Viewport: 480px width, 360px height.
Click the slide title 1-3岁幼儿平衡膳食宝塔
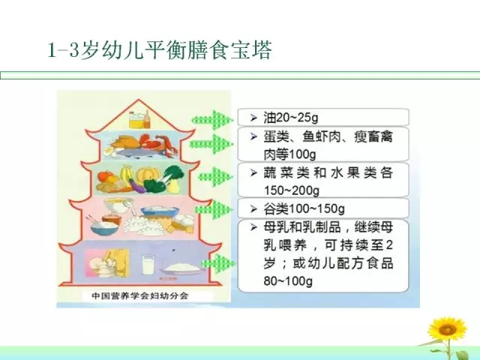pyautogui.click(x=160, y=50)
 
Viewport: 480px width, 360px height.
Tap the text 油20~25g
pyautogui.click(x=291, y=118)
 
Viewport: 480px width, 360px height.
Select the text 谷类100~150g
pyautogui.click(x=304, y=209)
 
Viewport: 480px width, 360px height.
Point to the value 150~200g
pyautogui.click(x=292, y=190)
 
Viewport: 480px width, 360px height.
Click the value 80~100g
pyautogui.click(x=288, y=280)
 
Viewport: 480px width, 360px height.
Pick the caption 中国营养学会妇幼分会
pyautogui.click(x=140, y=295)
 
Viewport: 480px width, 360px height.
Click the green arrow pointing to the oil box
pyautogui.click(x=211, y=120)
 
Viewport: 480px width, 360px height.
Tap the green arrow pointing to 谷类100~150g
pyautogui.click(x=213, y=210)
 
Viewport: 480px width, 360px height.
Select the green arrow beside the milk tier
pyautogui.click(x=218, y=263)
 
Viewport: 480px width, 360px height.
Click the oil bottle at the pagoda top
pyautogui.click(x=139, y=119)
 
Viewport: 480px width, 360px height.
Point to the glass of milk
pyautogui.click(x=148, y=265)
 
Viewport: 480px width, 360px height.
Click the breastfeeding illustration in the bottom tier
pyautogui.click(x=107, y=263)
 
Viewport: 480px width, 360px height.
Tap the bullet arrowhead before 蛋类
pyautogui.click(x=253, y=136)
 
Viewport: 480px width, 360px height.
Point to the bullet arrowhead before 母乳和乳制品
pyautogui.click(x=253, y=227)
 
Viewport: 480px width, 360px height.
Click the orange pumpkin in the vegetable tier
pyautogui.click(x=148, y=175)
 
